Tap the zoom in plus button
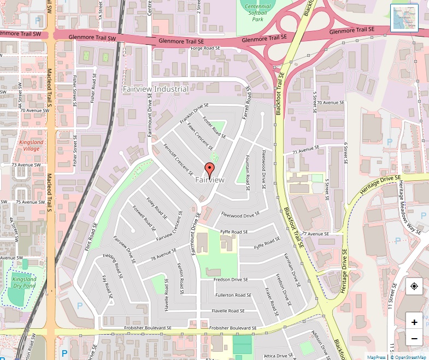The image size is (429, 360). (x=414, y=322)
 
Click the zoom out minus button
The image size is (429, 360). (x=414, y=339)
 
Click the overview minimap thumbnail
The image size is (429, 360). (x=404, y=18)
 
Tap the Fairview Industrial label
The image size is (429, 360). (x=155, y=89)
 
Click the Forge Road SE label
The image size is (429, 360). (x=205, y=48)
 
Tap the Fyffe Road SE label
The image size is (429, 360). (x=234, y=232)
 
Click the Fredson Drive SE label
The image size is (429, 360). (x=231, y=280)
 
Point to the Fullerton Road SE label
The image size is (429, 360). (x=233, y=295)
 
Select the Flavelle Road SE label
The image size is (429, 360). (x=229, y=311)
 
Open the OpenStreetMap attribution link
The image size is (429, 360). (x=408, y=357)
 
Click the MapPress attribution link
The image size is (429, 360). (x=376, y=357)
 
